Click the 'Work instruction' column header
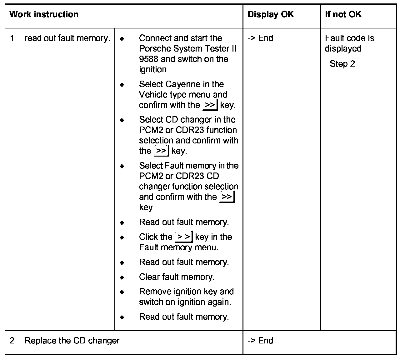44,15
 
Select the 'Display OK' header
270,15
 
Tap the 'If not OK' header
343,15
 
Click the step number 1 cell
12,38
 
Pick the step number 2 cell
12,341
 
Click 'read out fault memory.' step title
67,38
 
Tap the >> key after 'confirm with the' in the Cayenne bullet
210,105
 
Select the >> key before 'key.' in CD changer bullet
161,151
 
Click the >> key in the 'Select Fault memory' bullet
227,197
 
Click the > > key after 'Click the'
184,237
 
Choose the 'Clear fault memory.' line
177,277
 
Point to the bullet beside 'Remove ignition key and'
122,292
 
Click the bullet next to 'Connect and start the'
122,39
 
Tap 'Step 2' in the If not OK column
342,64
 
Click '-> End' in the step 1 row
260,38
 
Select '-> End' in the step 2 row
260,341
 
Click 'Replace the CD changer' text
72,341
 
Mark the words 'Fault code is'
349,38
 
